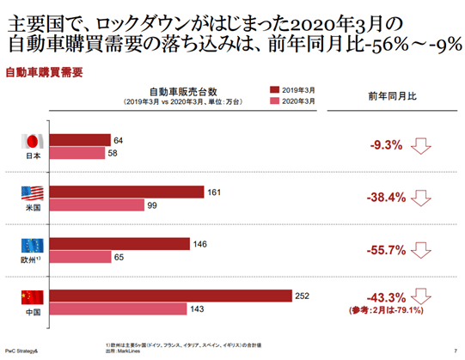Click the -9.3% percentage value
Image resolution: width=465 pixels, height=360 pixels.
click(386, 145)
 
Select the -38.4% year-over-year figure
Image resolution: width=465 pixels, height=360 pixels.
click(384, 198)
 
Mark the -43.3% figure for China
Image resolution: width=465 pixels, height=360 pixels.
click(384, 296)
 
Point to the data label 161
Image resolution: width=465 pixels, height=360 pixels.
click(214, 192)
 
